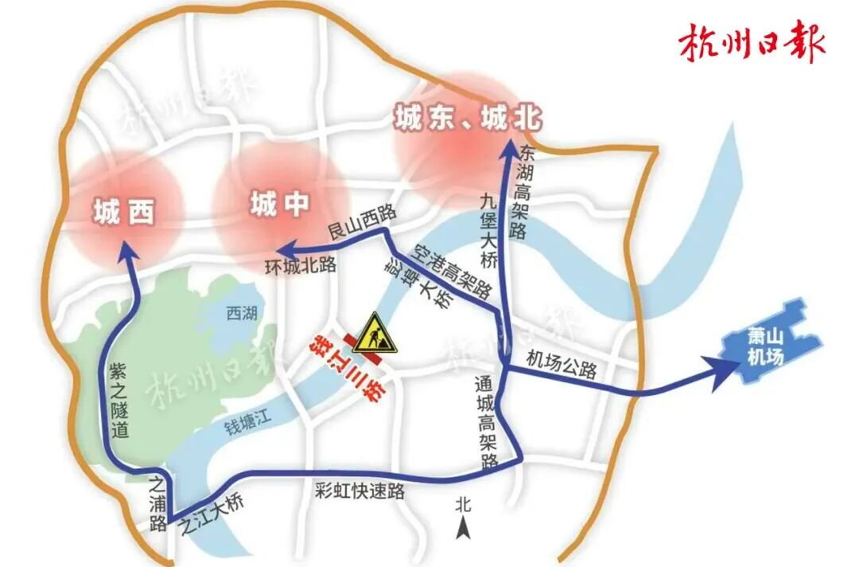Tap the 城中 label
point(278,205)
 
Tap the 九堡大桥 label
point(488,231)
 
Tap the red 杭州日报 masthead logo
point(752,45)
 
